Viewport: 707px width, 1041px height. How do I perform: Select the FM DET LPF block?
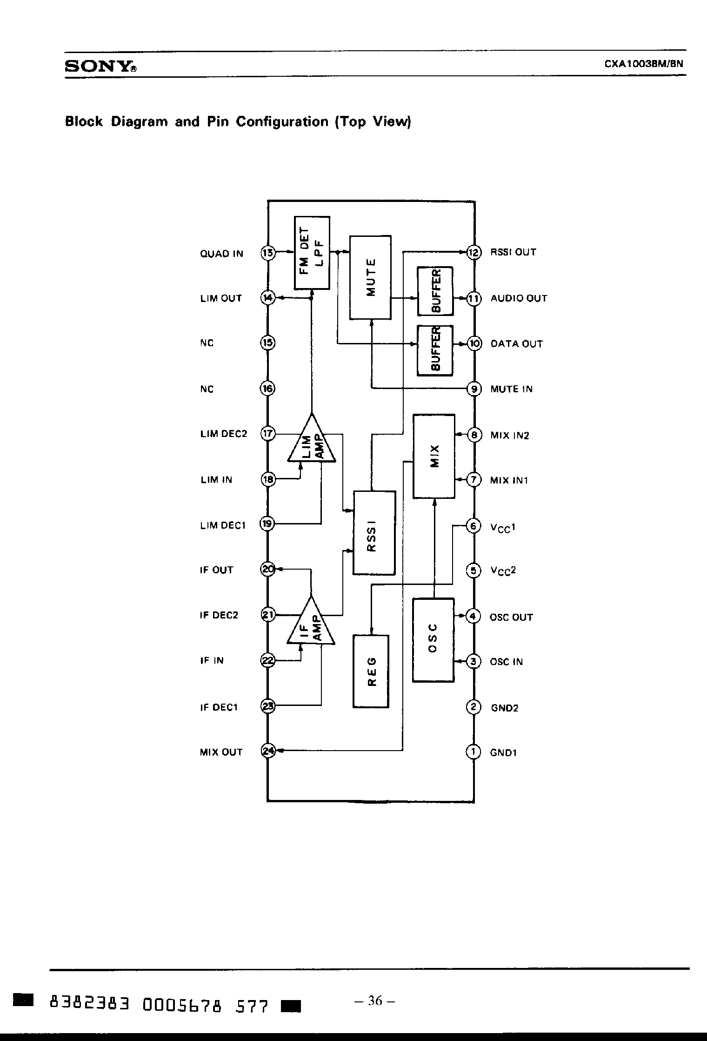(x=312, y=253)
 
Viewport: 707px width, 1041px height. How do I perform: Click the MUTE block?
(x=370, y=277)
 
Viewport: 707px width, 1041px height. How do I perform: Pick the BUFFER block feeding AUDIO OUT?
(x=435, y=291)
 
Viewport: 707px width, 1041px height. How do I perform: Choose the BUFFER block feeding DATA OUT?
(x=435, y=350)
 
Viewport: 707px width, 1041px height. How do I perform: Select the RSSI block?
(x=374, y=533)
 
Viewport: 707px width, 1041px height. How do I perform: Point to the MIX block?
(x=434, y=456)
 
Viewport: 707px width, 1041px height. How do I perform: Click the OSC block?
(x=433, y=640)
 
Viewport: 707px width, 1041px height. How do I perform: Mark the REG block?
(x=371, y=672)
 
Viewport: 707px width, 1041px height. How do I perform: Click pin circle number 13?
(x=268, y=253)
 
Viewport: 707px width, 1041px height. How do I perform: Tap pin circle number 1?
(x=473, y=752)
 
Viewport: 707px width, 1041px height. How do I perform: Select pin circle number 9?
(x=474, y=389)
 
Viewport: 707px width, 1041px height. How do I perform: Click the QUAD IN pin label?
(x=221, y=254)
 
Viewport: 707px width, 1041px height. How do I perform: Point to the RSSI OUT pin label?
(x=514, y=252)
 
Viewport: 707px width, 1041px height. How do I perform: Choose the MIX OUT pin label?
(x=221, y=752)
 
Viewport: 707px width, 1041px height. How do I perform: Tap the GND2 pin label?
(x=504, y=708)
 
